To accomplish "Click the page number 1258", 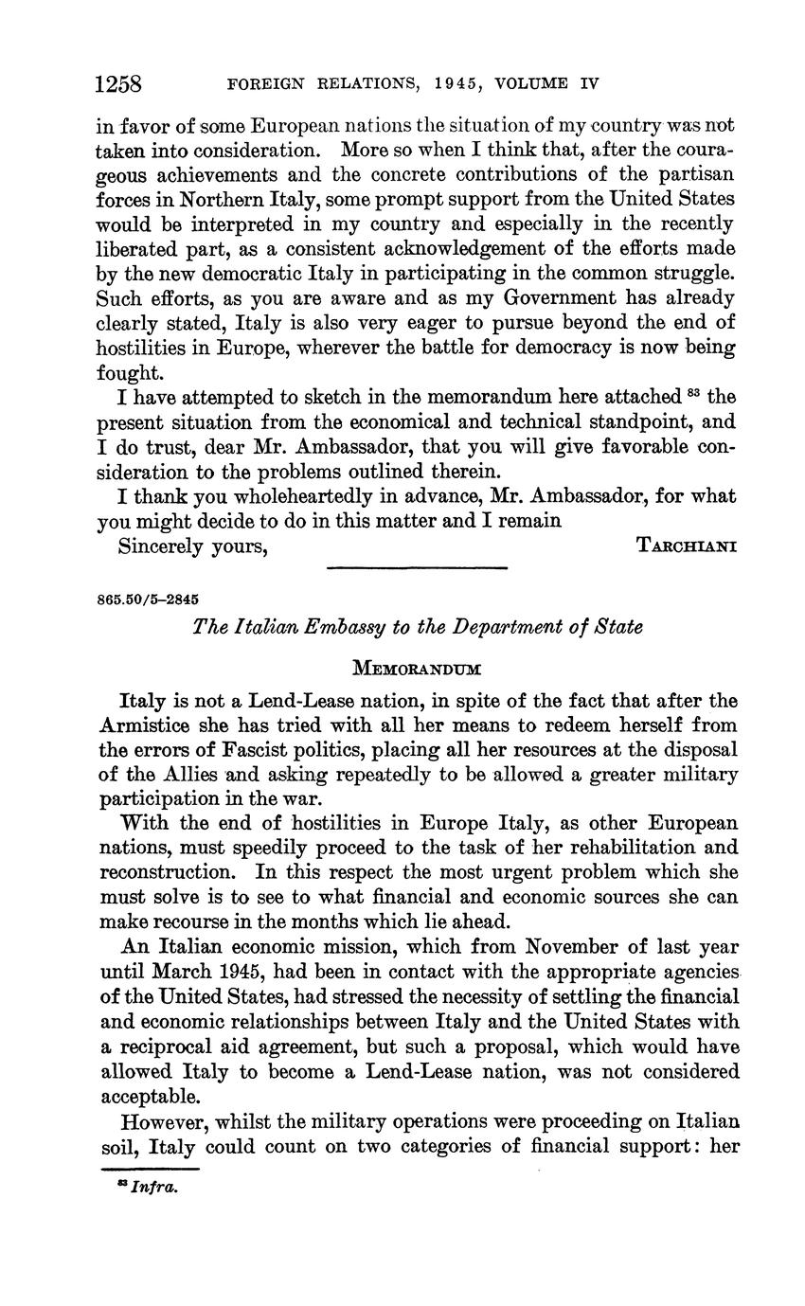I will point(118,83).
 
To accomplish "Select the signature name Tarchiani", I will point(689,546).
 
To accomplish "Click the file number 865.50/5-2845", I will point(148,599).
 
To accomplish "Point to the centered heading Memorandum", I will point(417,669).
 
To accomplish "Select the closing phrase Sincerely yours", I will point(192,546).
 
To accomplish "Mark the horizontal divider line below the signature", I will point(417,568).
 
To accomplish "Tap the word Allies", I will point(184,775).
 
